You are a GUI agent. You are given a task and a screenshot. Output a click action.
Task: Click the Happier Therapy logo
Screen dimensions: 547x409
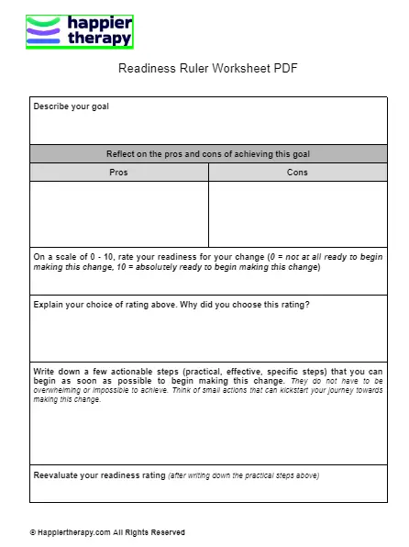(x=80, y=31)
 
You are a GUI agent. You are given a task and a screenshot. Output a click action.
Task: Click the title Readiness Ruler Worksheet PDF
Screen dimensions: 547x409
(x=208, y=69)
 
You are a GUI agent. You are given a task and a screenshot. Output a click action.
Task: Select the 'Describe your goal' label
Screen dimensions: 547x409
(x=71, y=106)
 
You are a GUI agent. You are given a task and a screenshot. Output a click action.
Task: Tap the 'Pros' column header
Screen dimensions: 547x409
(x=118, y=172)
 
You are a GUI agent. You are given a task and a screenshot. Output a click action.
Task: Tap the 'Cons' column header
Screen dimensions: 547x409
(x=297, y=172)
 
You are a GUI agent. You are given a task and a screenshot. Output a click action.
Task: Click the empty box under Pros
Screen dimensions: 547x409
(x=118, y=213)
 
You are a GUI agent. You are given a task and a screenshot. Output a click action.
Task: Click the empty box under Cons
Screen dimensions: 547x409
(x=297, y=213)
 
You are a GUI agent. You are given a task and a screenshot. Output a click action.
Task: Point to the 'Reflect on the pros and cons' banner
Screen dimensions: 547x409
(x=208, y=153)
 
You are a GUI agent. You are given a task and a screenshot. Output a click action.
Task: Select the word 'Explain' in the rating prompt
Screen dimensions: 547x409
(x=49, y=305)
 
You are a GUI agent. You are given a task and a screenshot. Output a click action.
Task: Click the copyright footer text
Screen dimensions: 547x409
(x=107, y=532)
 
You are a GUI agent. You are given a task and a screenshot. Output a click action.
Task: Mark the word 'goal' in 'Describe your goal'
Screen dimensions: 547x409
(x=99, y=106)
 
